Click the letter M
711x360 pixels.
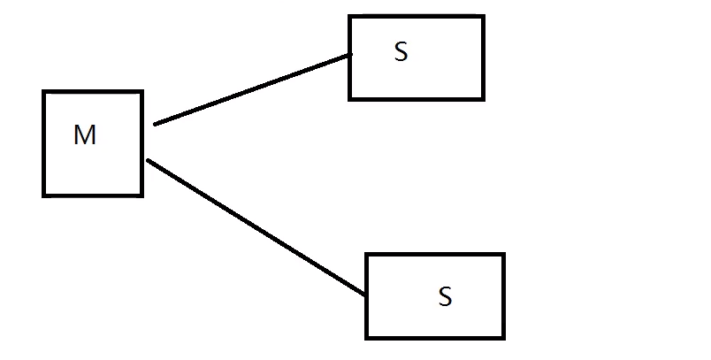pyautogui.click(x=85, y=135)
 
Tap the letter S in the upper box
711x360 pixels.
pyautogui.click(x=401, y=53)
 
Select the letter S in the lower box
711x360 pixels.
pyautogui.click(x=445, y=297)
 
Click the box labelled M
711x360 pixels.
pyautogui.click(x=93, y=168)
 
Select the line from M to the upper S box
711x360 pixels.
pyautogui.click(x=252, y=89)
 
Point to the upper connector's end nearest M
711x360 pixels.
pyautogui.click(x=155, y=125)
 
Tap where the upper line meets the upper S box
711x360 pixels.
pyautogui.click(x=351, y=54)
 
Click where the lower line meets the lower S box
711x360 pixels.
pyautogui.click(x=366, y=295)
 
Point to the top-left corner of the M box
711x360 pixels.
pyautogui.click(x=44, y=91)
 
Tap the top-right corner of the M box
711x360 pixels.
pyautogui.click(x=141, y=91)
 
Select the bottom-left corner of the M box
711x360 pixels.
pyautogui.click(x=44, y=195)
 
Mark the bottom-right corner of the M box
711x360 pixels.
pyautogui.click(x=141, y=195)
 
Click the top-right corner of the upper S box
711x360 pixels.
pyautogui.click(x=483, y=16)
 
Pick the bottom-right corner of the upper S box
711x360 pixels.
pyautogui.click(x=483, y=98)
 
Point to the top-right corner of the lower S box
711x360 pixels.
pyautogui.click(x=502, y=255)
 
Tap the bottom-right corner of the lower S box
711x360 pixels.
pyautogui.click(x=502, y=337)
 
